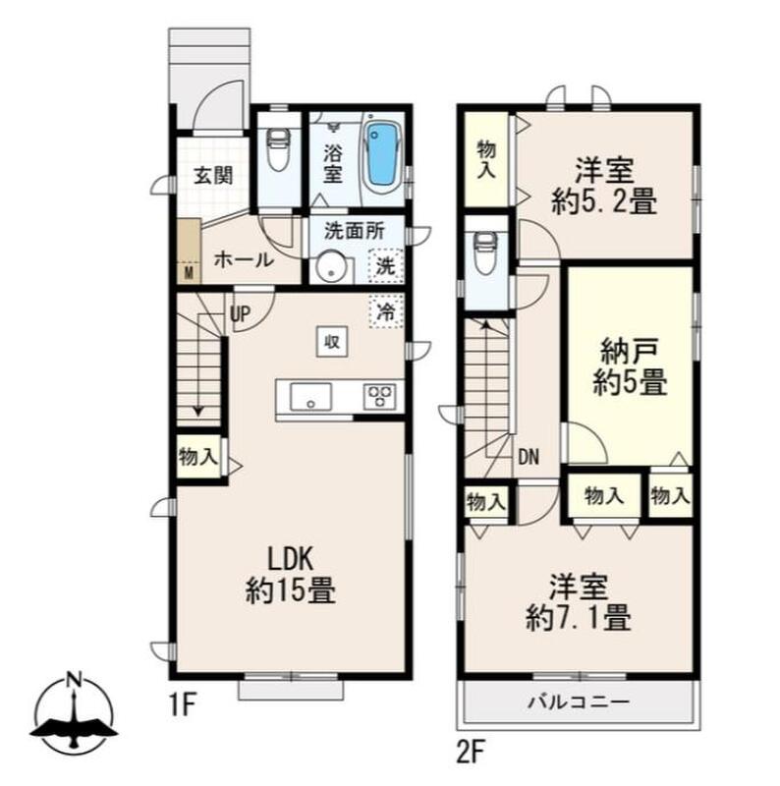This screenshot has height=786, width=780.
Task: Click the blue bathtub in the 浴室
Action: [383, 156]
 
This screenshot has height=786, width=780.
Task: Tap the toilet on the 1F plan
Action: [279, 149]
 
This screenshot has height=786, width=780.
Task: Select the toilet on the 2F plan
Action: [485, 253]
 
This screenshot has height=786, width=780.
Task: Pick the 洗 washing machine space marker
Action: [386, 265]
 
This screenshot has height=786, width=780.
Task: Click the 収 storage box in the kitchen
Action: [332, 342]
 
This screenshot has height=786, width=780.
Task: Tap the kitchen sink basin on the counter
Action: [310, 397]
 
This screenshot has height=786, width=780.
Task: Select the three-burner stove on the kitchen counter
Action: [379, 396]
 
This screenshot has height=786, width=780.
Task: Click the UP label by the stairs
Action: [240, 314]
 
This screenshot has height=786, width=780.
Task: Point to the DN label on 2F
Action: [529, 457]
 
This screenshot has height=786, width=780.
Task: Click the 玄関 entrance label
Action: [214, 176]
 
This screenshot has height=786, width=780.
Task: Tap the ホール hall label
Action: [245, 260]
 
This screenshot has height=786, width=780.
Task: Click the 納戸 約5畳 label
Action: [630, 367]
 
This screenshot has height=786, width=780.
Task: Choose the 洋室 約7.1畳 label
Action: [579, 602]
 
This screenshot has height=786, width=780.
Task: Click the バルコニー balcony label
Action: [579, 702]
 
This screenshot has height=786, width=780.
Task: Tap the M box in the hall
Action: [189, 273]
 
